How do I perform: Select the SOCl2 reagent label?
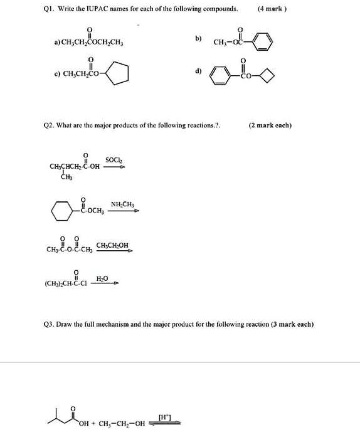pos(114,161)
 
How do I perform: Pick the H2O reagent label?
pos(102,277)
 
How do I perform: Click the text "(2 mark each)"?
pos(271,125)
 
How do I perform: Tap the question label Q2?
pos(32,125)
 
